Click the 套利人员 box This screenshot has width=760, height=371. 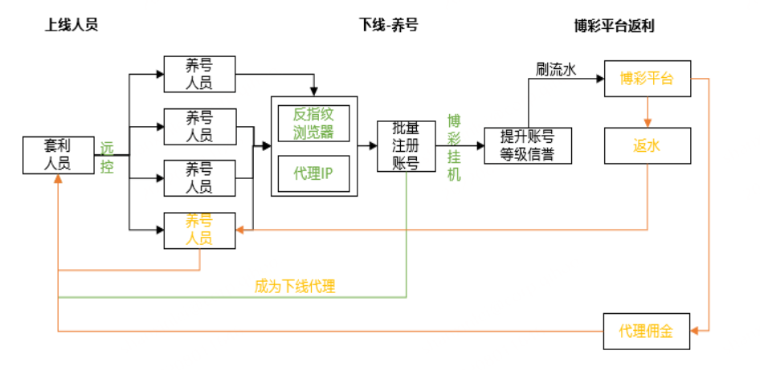click(58, 155)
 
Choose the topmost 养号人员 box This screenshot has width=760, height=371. click(199, 74)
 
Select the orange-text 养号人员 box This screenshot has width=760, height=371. click(199, 230)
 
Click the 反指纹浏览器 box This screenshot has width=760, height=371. click(313, 123)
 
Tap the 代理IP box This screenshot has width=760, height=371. click(313, 173)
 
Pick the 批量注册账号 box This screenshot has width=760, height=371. click(406, 146)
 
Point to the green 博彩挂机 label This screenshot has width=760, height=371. click(454, 146)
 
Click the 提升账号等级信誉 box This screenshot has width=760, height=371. click(527, 145)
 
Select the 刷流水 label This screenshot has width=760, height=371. click(556, 70)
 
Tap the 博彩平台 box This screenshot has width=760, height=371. click(647, 79)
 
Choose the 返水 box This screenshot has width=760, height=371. click(647, 146)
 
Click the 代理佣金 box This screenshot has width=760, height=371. click(647, 330)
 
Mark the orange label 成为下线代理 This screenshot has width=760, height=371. click(295, 286)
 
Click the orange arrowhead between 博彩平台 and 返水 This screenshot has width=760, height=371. click(648, 124)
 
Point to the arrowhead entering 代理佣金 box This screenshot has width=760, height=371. click(696, 330)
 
